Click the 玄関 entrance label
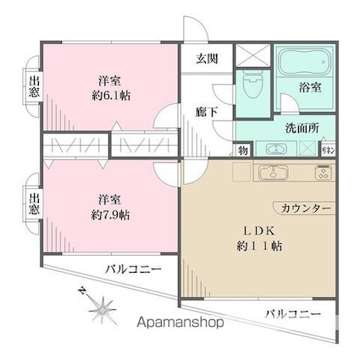(x=208, y=59)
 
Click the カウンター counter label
(x=301, y=207)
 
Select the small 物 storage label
(x=242, y=151)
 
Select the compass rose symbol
(x=101, y=306)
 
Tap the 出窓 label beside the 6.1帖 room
(x=35, y=88)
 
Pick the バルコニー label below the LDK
(x=292, y=314)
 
